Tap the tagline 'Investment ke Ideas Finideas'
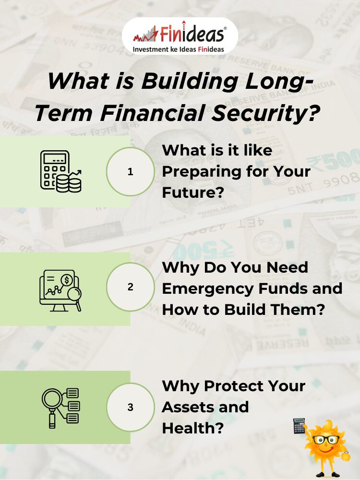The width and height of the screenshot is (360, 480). point(178,49)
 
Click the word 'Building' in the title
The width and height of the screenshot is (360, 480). point(190,82)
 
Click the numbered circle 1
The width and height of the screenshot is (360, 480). point(131,171)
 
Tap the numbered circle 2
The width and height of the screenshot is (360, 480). point(131,287)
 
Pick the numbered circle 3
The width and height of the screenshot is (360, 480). point(131,407)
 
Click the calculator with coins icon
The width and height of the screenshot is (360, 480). point(61,171)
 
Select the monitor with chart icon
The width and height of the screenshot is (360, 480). point(60,290)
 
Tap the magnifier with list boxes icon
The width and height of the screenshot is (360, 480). point(60,408)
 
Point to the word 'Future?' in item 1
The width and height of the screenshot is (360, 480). point(193,192)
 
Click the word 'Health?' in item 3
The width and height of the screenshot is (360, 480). point(193,428)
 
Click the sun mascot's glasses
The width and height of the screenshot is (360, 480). point(326,440)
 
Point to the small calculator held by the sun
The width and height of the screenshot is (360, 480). point(299,426)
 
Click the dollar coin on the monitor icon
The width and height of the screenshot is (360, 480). point(66,280)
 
